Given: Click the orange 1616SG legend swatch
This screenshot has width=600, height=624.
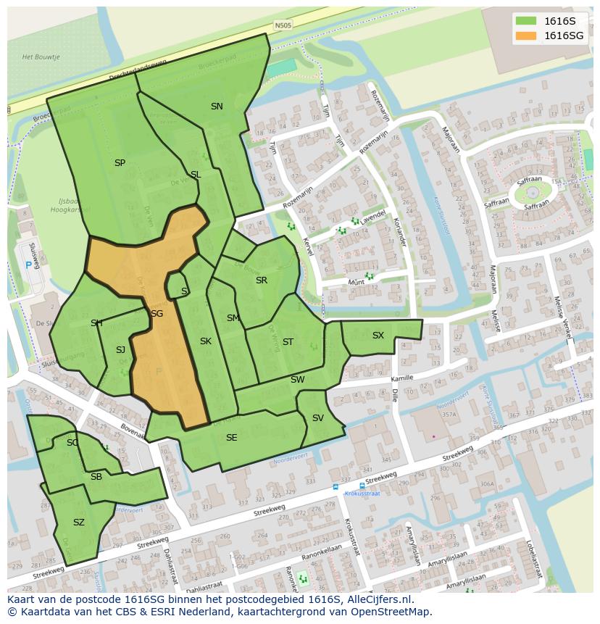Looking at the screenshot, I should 526,36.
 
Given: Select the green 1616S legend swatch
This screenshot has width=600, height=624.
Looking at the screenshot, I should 526,20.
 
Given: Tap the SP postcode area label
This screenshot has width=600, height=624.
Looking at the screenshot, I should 120,163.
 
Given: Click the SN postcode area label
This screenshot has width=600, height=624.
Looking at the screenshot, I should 217,107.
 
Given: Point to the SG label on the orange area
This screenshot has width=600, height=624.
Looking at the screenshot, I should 157,314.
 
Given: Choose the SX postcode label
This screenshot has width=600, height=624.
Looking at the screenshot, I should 378,336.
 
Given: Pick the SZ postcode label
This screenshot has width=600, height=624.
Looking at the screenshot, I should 79,522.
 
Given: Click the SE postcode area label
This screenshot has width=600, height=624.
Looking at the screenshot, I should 231,438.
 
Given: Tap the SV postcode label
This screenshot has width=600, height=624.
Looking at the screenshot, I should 317,418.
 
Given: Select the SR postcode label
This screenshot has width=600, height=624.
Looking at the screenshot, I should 261,280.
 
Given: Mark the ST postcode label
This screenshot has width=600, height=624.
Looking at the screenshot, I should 288,342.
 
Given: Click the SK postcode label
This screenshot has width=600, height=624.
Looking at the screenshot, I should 206,341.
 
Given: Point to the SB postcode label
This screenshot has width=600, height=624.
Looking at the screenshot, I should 96,477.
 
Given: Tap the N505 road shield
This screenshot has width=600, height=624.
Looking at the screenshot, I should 283,25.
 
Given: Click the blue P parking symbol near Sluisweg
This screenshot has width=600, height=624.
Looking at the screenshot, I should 29,265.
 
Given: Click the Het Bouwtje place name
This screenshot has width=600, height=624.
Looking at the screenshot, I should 40,57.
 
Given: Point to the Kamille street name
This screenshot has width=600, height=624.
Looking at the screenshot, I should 401,378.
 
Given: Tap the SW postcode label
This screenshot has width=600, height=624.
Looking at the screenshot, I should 297,380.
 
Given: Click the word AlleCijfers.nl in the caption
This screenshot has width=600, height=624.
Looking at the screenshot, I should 377,599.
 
